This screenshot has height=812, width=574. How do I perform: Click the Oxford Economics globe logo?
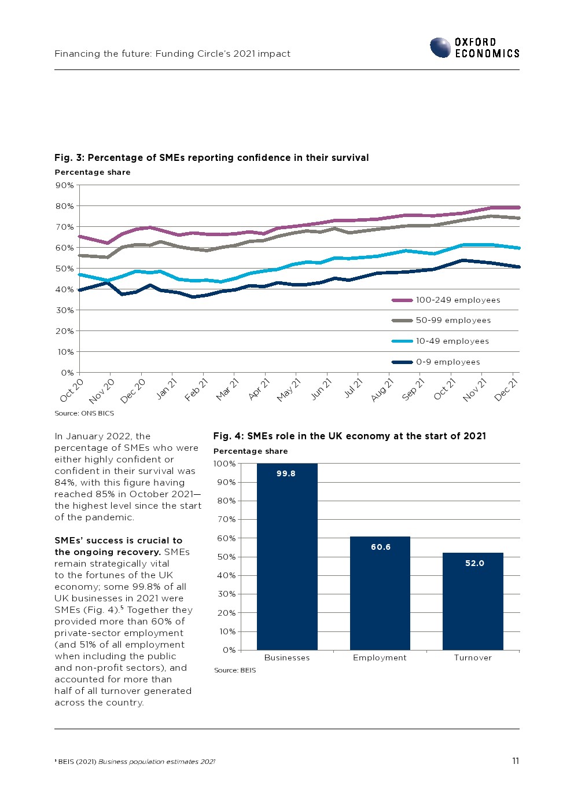pos(440,47)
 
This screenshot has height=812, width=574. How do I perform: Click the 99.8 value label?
pos(286,473)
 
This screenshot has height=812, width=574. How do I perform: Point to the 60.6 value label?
pos(381,547)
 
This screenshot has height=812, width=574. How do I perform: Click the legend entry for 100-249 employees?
pos(458,300)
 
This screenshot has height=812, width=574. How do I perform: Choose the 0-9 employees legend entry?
pos(448,362)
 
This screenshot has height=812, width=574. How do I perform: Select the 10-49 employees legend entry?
pos(452,341)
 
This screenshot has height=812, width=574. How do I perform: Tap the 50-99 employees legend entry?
pos(453,320)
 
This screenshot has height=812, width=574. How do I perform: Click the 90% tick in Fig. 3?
pos(64,185)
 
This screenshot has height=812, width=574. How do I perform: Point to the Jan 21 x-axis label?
pos(167,388)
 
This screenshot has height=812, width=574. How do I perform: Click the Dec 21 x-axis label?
pos(506,389)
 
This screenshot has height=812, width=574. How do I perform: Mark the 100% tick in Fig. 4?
pos(225,464)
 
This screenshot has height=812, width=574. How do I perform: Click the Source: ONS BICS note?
pos(84,413)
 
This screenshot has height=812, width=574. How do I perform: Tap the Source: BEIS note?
pos(235,670)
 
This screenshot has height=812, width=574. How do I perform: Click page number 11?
pos(515,761)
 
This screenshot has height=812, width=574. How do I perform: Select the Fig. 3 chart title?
pos(211,157)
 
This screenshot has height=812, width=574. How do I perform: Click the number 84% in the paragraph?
pos(64,483)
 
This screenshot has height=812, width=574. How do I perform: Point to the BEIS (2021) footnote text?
pos(136,762)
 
